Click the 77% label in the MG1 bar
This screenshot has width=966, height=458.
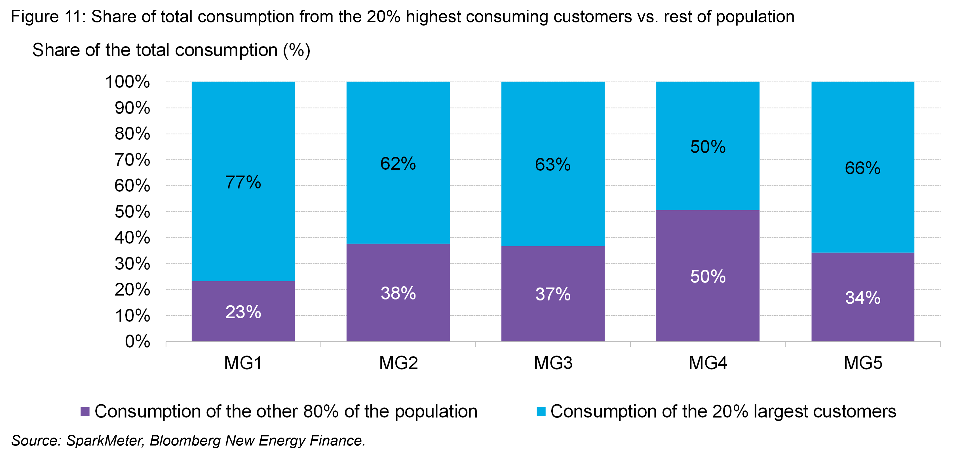coord(243,183)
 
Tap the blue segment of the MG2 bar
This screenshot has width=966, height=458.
coord(398,203)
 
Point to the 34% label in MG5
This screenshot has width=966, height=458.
coord(862,298)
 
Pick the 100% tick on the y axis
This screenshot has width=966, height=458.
coord(128,82)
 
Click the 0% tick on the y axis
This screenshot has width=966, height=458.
coord(137,342)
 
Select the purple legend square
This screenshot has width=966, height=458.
coord(85,411)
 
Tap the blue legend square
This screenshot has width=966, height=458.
coord(541,411)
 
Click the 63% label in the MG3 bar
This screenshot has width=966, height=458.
coord(553,165)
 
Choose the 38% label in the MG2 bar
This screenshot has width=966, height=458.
coord(398,293)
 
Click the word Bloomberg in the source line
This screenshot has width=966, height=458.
coord(185,441)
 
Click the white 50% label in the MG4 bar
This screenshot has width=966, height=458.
coord(708,276)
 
